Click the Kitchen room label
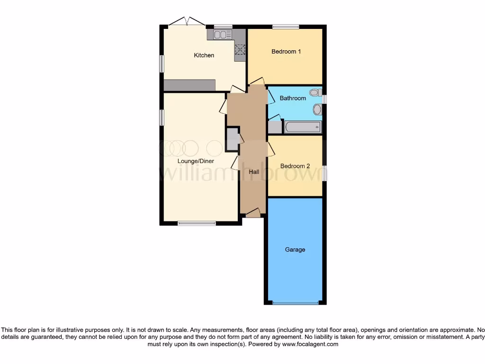[x=204, y=55]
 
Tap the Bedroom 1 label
[x=286, y=52]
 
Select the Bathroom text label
[x=293, y=99]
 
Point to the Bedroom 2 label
[x=295, y=166]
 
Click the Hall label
[x=254, y=172]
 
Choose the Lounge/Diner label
[x=196, y=161]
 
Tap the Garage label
[x=295, y=250]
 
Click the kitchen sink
[x=222, y=35]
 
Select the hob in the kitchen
[x=240, y=49]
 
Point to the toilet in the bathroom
[x=314, y=93]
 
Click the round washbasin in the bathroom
[x=317, y=110]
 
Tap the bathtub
[x=303, y=127]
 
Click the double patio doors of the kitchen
[x=187, y=22]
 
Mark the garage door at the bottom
[x=295, y=303]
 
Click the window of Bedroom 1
[x=286, y=27]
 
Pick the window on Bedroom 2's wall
[x=324, y=173]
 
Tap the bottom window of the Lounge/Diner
[x=197, y=223]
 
